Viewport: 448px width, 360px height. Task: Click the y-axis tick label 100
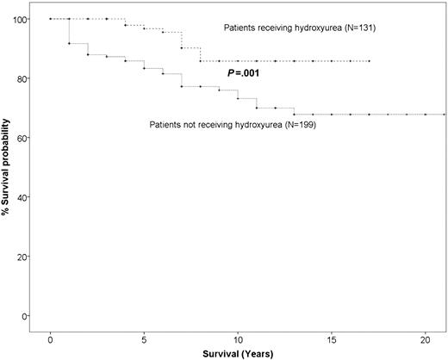(x=19, y=19)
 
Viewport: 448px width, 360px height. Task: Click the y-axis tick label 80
(x=21, y=78)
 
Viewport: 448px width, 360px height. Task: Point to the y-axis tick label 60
(x=21, y=138)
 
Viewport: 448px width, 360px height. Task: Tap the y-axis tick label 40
(x=21, y=197)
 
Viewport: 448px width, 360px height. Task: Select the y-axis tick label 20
(x=21, y=257)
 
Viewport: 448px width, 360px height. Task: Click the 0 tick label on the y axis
(x=23, y=316)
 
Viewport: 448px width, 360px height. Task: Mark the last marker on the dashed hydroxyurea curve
(x=369, y=61)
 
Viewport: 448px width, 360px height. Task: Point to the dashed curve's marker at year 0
(x=51, y=18)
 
